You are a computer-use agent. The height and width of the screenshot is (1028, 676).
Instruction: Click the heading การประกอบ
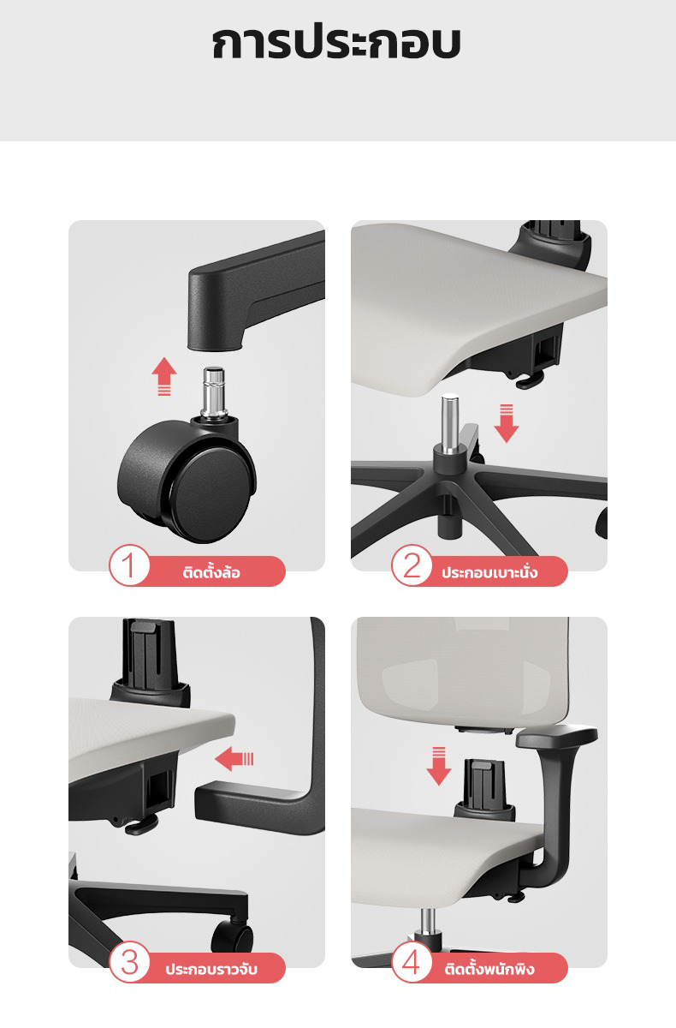[336, 43]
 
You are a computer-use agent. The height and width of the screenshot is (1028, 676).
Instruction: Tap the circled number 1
[129, 565]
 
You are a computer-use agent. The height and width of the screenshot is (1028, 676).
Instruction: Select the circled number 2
[412, 565]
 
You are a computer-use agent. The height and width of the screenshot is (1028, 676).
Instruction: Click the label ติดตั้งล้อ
[211, 572]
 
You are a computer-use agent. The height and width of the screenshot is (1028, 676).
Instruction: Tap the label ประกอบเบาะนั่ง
[489, 572]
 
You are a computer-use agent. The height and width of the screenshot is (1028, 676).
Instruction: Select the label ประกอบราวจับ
[211, 969]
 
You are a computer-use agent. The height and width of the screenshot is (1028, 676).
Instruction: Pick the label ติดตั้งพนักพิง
[489, 969]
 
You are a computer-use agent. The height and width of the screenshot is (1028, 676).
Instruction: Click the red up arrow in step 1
[164, 375]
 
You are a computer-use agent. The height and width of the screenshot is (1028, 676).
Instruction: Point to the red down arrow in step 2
[507, 423]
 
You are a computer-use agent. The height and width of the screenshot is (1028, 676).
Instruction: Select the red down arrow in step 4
[439, 766]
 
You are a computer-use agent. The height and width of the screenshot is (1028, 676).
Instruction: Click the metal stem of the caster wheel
[214, 392]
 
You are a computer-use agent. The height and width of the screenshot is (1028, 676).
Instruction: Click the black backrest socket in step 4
[485, 790]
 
